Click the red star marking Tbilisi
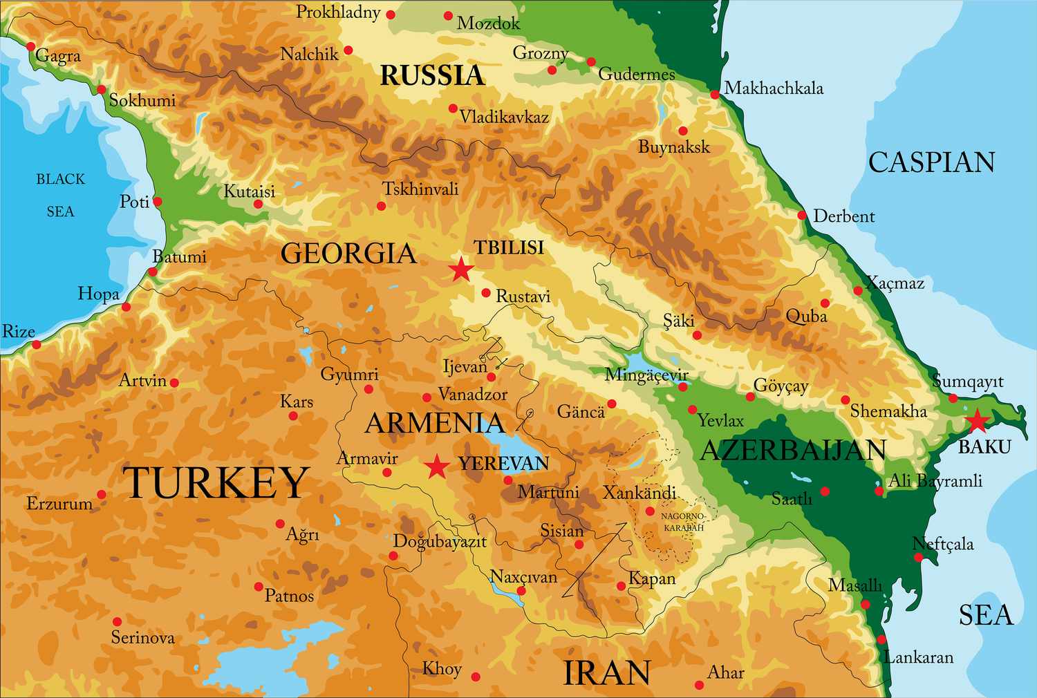click(x=460, y=269)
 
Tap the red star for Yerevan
click(x=436, y=466)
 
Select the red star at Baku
click(x=976, y=420)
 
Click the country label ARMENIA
click(x=434, y=423)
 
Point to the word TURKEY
click(x=215, y=482)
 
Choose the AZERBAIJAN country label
click(x=793, y=451)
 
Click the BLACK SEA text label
click(x=61, y=195)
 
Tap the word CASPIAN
click(x=931, y=162)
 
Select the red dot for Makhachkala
click(x=715, y=94)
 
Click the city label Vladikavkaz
click(x=504, y=117)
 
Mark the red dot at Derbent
click(x=802, y=216)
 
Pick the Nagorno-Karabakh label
click(x=683, y=522)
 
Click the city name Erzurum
click(x=59, y=504)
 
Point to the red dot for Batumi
click(x=153, y=272)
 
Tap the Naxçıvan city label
click(x=523, y=576)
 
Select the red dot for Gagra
click(x=30, y=47)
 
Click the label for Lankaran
click(x=919, y=657)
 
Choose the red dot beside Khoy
click(x=476, y=677)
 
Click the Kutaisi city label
click(x=249, y=191)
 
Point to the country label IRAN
click(x=607, y=673)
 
